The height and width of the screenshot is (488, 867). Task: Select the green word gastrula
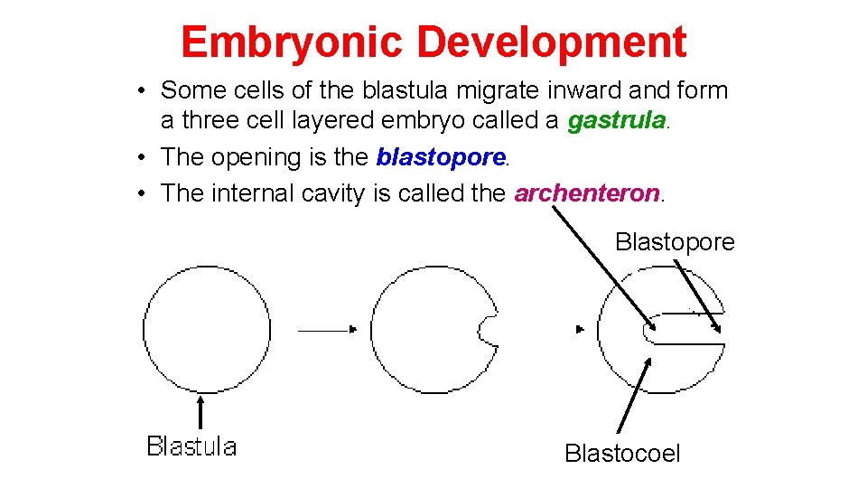(x=616, y=120)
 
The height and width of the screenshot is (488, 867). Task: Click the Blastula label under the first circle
(x=191, y=446)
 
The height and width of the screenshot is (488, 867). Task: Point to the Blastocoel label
(x=622, y=453)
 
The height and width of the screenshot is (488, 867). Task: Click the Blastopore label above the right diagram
(x=675, y=242)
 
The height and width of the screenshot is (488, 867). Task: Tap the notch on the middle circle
(x=488, y=330)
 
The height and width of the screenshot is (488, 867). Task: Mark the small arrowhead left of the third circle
(x=580, y=330)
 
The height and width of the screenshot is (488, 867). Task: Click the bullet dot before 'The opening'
(x=144, y=158)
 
